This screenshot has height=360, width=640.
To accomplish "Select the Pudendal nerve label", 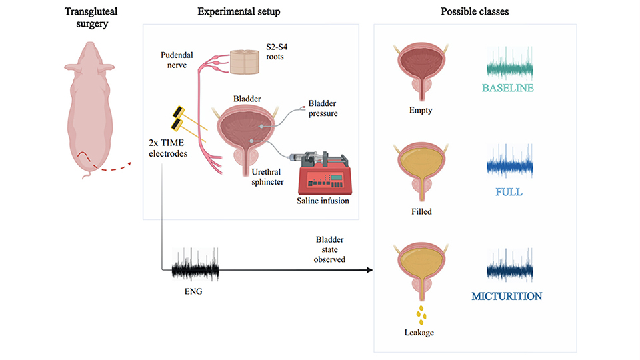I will [176, 62].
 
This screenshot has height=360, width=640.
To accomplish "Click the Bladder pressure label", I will [323, 109].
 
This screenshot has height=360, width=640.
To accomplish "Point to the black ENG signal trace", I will [195, 269].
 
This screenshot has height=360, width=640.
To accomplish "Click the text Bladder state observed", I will [330, 249].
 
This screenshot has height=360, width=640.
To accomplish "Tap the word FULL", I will [509, 192].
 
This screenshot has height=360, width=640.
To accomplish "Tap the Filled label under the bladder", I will [421, 212].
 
